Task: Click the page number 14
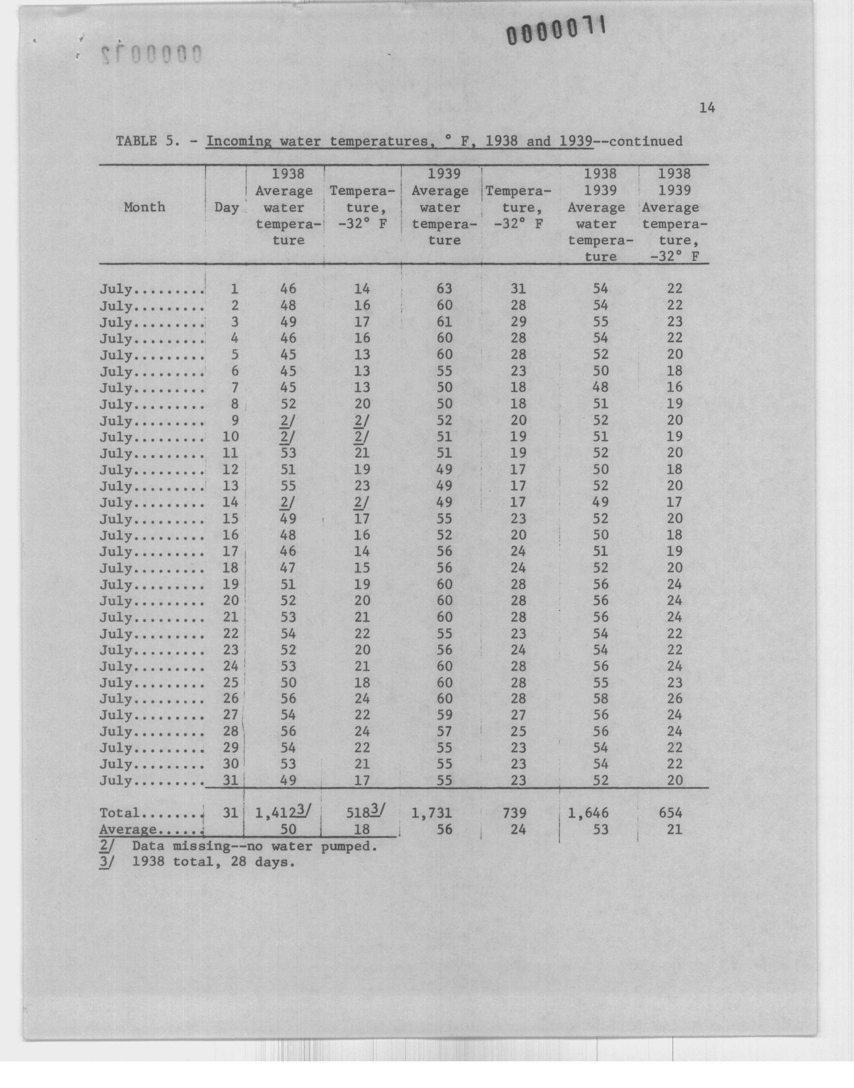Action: tap(707, 107)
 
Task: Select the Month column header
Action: tap(144, 207)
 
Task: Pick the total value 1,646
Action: tap(589, 814)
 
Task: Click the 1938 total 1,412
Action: tap(275, 814)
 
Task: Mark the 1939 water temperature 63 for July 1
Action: tap(444, 289)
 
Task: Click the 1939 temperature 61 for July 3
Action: tap(444, 321)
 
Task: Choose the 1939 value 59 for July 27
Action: tap(444, 715)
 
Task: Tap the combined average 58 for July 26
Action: tap(601, 699)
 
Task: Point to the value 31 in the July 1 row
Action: tap(518, 289)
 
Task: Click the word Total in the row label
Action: tap(119, 813)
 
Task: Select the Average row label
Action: tap(128, 829)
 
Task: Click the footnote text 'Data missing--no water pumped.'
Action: tap(254, 846)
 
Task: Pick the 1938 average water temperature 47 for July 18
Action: tap(288, 568)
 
